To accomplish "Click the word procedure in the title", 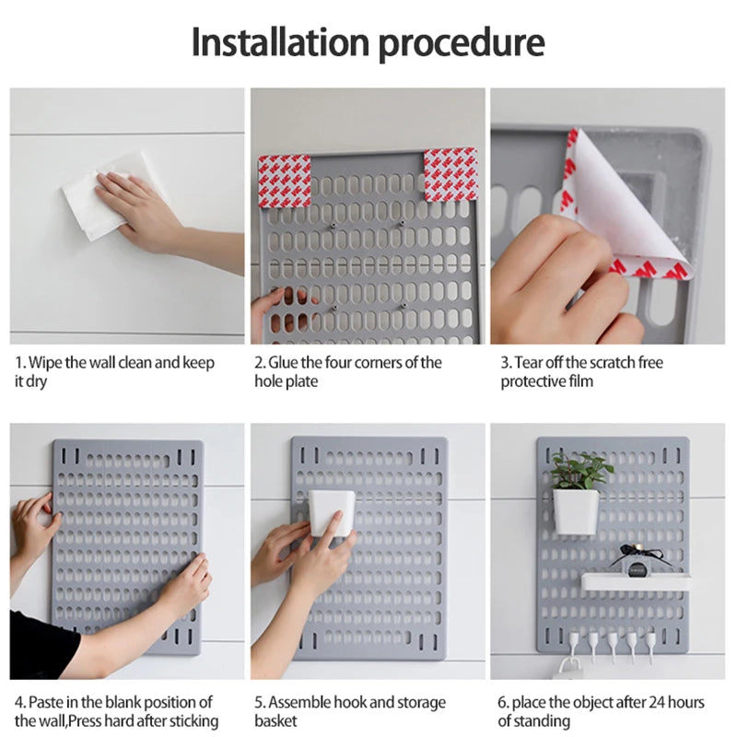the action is (x=462, y=44).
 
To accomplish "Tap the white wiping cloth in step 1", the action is (x=108, y=196).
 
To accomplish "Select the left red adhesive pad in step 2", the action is (x=285, y=181).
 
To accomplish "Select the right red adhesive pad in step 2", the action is (x=450, y=175).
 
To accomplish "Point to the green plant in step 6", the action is (x=581, y=470).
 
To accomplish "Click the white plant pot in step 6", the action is (x=575, y=511).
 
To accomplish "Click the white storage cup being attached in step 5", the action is (x=332, y=514).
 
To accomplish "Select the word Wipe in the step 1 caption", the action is (x=45, y=362).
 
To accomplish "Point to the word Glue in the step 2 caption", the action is (x=283, y=362).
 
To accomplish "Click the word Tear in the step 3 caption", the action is (x=529, y=362).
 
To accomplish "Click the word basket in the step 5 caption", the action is (x=275, y=720).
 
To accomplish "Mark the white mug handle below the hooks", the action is (x=568, y=666).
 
